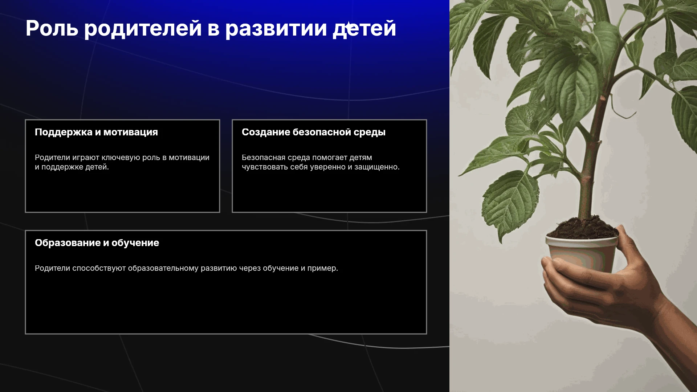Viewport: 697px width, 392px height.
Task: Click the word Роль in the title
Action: coord(52,28)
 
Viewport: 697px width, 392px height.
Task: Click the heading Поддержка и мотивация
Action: coord(96,132)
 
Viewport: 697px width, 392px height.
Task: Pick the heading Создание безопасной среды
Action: coord(314,132)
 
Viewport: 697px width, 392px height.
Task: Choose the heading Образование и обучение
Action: coord(97,243)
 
